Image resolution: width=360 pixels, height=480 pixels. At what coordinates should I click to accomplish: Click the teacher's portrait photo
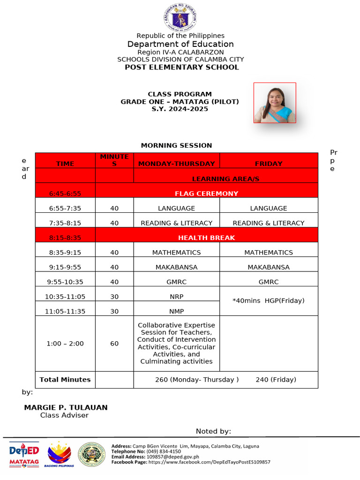(275, 103)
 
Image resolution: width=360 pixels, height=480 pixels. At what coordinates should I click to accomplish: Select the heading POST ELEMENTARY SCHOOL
(181, 67)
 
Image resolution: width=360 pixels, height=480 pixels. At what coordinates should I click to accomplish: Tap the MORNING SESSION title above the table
(176, 145)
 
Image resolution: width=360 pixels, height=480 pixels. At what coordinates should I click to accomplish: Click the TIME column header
(65, 164)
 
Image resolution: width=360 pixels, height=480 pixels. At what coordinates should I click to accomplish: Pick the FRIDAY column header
(269, 164)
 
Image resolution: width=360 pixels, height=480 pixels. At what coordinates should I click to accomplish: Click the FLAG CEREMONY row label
(206, 193)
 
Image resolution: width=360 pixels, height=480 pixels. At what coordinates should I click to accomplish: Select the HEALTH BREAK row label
(206, 238)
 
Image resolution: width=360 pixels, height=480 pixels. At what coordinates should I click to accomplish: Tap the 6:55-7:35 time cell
(65, 208)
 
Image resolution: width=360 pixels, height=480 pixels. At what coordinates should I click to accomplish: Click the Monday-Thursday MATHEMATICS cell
(176, 252)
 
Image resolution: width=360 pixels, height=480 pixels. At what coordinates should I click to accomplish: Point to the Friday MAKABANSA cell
(269, 267)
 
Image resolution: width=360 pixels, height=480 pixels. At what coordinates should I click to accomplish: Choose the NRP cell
(176, 297)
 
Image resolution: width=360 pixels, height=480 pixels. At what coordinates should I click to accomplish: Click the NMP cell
(176, 311)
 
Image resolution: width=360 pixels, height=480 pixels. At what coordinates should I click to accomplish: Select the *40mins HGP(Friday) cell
(269, 300)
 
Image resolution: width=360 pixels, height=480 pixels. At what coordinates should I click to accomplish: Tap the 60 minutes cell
(114, 344)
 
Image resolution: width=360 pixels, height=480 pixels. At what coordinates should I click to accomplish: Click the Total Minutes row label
(65, 380)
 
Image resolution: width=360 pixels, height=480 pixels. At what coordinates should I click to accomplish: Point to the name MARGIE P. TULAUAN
(66, 408)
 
